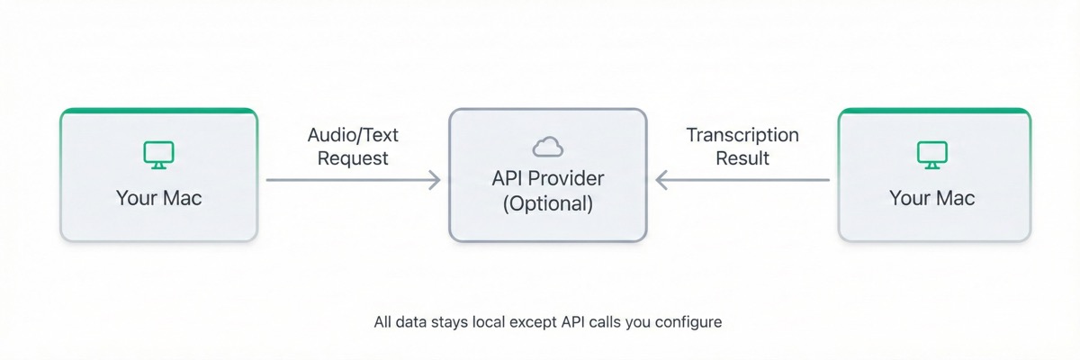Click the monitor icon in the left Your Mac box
point(158,155)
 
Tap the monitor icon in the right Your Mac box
point(932,155)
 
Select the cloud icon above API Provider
point(547,146)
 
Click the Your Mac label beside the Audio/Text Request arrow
point(158,198)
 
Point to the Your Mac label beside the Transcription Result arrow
point(932,198)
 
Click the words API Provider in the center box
point(547,178)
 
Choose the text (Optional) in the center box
point(547,203)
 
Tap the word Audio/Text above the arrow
point(353,135)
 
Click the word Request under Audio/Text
point(353,158)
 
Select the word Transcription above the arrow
point(742,135)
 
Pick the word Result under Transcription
point(742,158)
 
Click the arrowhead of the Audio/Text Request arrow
point(435,180)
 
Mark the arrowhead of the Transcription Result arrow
point(661,180)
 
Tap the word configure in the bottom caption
point(690,321)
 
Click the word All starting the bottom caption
point(383,321)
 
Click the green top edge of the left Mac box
point(158,111)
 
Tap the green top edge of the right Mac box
point(934,111)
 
